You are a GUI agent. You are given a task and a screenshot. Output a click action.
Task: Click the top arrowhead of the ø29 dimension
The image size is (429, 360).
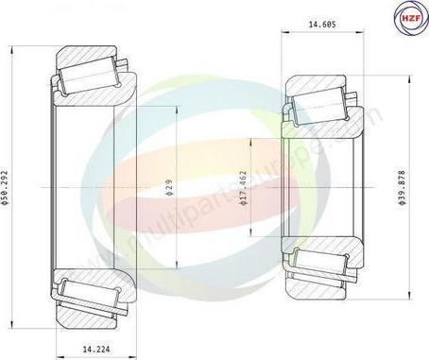coord(178,111)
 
